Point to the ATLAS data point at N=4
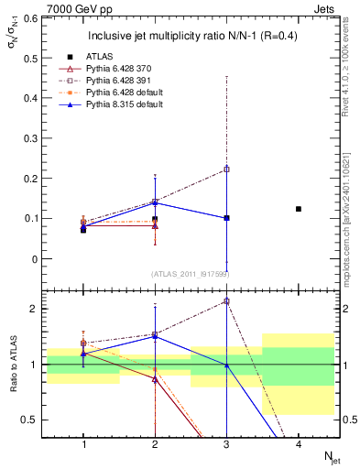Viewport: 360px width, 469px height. coord(299,209)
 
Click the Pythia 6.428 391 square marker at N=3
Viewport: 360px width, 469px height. coord(226,169)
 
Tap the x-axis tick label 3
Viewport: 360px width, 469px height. coord(226,443)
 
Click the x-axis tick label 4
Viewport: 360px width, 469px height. coord(299,443)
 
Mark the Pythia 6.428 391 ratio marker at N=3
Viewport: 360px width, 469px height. coord(226,300)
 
